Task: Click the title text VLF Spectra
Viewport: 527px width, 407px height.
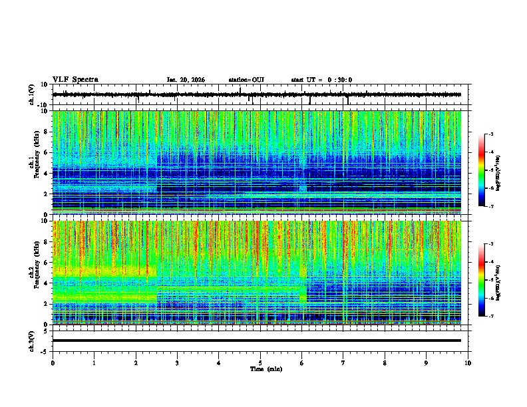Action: pyautogui.click(x=75, y=79)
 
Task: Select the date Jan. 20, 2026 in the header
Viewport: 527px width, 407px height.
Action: pyautogui.click(x=186, y=80)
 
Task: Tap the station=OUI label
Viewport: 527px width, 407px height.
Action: pyautogui.click(x=246, y=80)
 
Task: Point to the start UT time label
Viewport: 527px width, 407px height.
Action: pyautogui.click(x=321, y=80)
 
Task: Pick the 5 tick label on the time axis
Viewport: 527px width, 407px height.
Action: pyautogui.click(x=261, y=362)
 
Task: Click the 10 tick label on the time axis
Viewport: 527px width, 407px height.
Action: pyautogui.click(x=468, y=362)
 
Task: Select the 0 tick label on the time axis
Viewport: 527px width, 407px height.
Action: pyautogui.click(x=53, y=362)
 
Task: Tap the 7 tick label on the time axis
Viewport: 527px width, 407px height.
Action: pyautogui.click(x=343, y=362)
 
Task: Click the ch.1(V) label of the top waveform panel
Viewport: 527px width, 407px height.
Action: pyautogui.click(x=32, y=95)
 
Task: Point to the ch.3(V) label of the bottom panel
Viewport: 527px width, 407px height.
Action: pyautogui.click(x=32, y=340)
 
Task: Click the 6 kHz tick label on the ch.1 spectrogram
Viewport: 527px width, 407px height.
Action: pyautogui.click(x=47, y=152)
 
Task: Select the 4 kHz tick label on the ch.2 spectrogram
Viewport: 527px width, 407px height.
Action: pyautogui.click(x=47, y=283)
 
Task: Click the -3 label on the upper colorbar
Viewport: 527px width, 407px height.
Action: pyautogui.click(x=490, y=134)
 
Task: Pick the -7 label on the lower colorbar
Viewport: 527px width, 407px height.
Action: pyautogui.click(x=490, y=316)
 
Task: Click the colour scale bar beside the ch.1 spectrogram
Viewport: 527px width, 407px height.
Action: pyautogui.click(x=482, y=170)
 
